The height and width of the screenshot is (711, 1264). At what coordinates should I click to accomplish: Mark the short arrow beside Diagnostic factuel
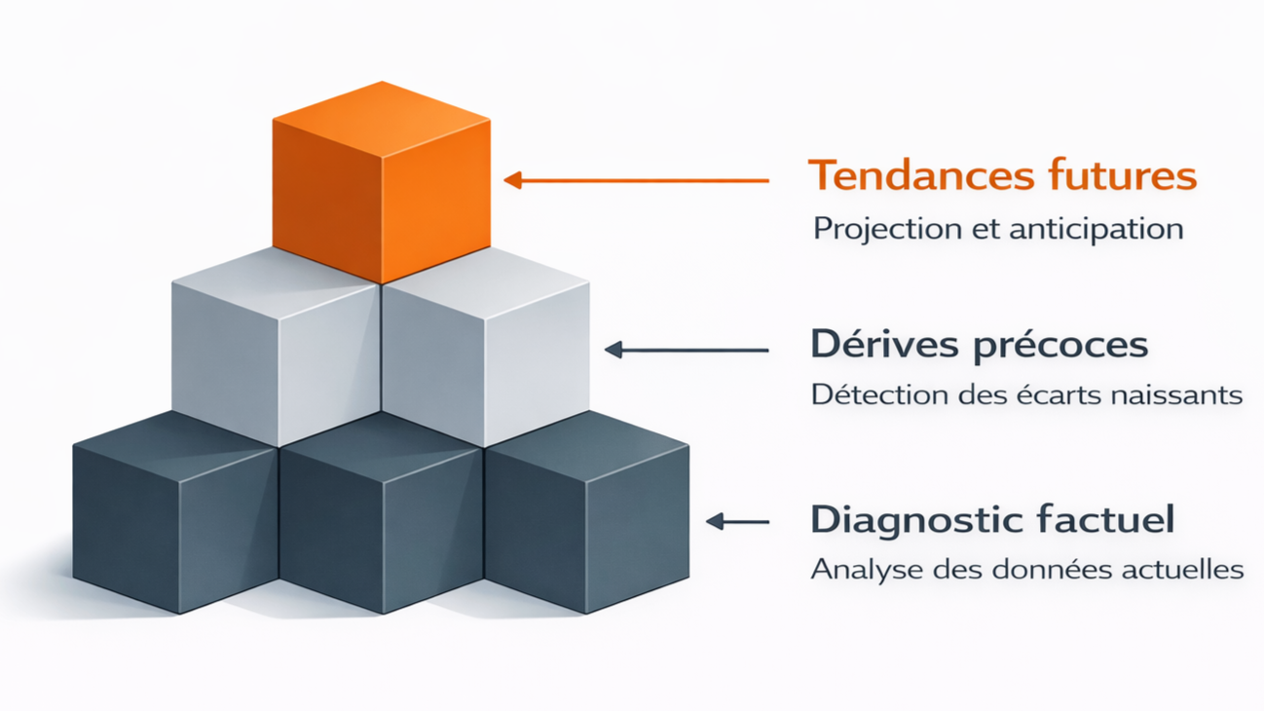point(736,522)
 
